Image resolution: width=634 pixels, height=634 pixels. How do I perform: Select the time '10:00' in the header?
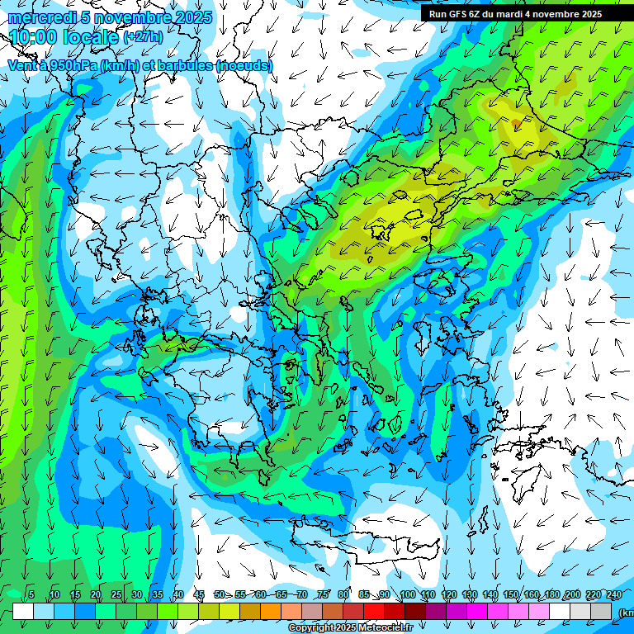pos(35,37)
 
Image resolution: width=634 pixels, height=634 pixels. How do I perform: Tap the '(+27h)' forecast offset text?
pos(143,37)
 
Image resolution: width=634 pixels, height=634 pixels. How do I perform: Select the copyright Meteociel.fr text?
pos(350,628)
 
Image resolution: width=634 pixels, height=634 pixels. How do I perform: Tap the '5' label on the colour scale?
pos(31,595)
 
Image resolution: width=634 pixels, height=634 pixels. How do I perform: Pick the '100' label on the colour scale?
pos(407,595)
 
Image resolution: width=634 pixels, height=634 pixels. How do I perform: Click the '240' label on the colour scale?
pos(614,595)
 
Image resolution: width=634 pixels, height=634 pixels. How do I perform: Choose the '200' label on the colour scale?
pos(573,595)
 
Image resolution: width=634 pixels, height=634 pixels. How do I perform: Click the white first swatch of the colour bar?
pos(23,611)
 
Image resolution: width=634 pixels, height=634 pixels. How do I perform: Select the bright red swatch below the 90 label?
pos(374,611)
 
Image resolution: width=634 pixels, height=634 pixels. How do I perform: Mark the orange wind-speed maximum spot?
pos(516,124)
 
